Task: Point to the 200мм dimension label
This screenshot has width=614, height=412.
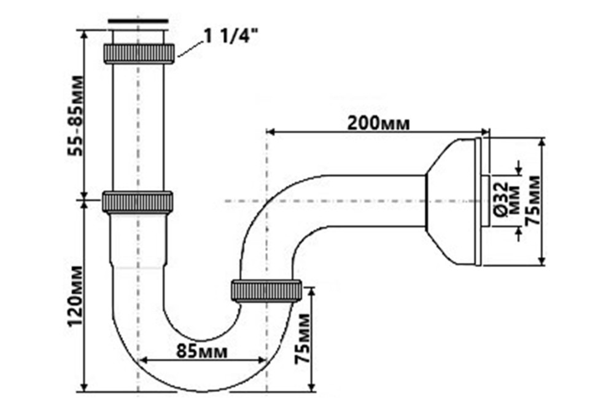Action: [378, 122]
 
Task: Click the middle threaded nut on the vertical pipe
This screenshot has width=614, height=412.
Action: [138, 201]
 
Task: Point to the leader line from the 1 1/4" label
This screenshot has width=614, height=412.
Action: [190, 49]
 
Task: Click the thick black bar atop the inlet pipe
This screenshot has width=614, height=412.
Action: [138, 22]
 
